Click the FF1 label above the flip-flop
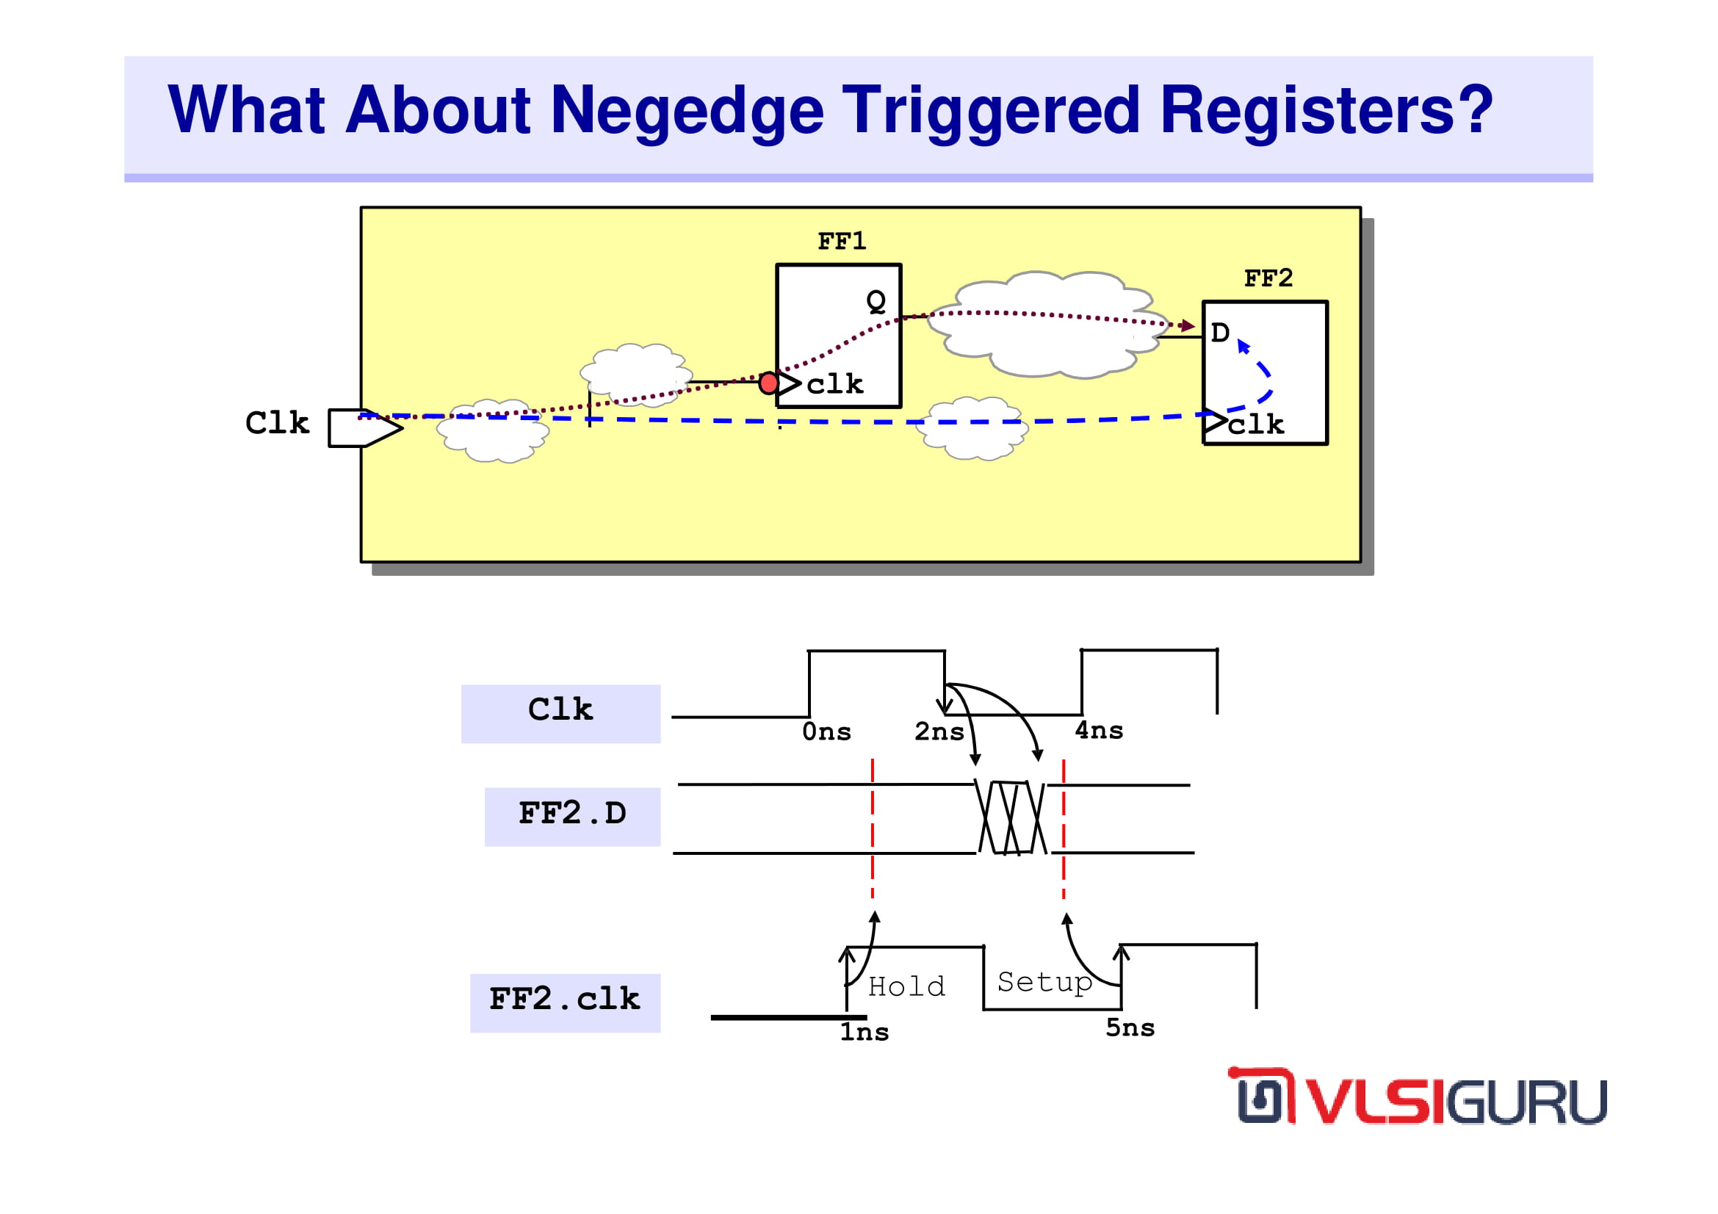842,242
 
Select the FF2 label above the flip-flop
1268,278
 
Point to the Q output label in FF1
876,300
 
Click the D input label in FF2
1221,333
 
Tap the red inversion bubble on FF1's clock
768,383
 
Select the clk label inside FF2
1255,424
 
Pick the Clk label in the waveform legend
560,709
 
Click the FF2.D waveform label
572,813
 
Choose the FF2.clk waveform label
565,999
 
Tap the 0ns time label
827,731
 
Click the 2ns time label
939,731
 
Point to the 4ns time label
1100,730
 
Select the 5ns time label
1130,1027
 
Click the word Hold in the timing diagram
907,986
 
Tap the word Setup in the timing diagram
1045,982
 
